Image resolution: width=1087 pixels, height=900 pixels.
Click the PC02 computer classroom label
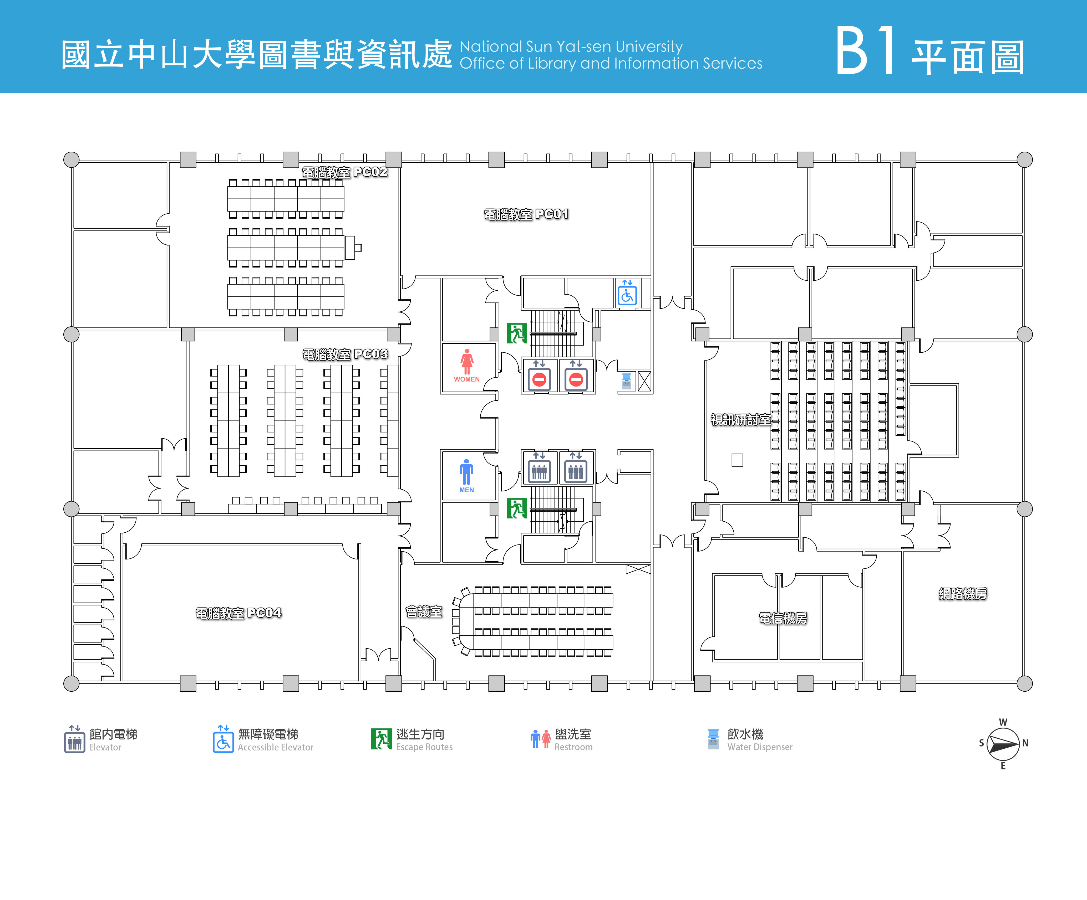coord(345,172)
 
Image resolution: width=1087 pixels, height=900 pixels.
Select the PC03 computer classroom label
coord(345,354)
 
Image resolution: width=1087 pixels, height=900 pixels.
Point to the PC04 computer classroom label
coord(239,613)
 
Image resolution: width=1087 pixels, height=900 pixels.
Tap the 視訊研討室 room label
coord(740,419)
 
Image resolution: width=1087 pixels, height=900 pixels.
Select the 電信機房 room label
coord(783,618)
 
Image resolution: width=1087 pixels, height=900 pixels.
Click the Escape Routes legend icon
coord(382,739)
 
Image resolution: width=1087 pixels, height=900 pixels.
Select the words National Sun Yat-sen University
coord(571,47)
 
